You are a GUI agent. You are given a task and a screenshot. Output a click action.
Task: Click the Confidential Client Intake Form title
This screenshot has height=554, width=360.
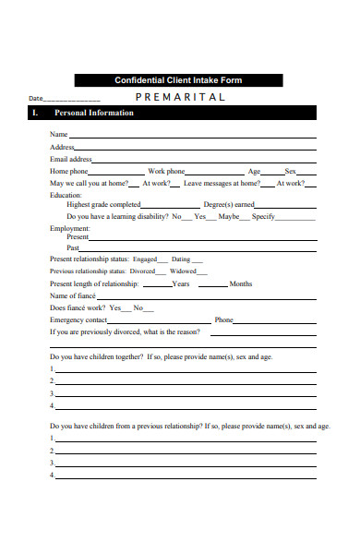pos(178,80)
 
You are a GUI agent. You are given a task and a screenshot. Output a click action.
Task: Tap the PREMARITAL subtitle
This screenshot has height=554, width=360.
pos(181,97)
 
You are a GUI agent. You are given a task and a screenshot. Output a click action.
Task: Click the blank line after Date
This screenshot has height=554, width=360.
pos(72,99)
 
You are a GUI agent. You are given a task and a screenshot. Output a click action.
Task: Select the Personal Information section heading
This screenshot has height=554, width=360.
pos(94,114)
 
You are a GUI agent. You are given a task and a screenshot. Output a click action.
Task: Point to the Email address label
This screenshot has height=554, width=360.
pos(70,159)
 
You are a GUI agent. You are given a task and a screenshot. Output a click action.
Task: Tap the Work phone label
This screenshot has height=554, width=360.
pos(166,171)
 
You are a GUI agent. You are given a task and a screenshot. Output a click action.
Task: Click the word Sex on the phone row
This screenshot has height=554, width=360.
pos(290,171)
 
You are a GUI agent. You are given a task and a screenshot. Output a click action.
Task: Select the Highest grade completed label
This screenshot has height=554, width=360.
pos(103,204)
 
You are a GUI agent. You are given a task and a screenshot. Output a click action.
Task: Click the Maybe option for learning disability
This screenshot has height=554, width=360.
pos(228,216)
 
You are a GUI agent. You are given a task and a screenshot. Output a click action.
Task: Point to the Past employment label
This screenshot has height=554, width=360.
pos(73,247)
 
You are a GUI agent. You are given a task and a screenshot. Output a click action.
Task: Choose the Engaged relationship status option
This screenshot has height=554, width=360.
pos(145,259)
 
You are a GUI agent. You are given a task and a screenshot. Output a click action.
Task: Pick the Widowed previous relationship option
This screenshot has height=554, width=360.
pos(183,271)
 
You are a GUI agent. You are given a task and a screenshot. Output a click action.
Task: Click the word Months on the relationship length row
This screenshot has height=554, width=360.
pos(240,283)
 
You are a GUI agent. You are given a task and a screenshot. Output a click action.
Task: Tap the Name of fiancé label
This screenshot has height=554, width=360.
pos(75,295)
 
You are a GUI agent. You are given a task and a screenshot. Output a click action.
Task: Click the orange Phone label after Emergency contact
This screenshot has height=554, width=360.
pos(223,319)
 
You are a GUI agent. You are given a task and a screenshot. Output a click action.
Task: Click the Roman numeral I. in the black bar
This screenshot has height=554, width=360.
pos(34,114)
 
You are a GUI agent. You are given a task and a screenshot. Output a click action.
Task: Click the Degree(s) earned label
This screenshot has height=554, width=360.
pos(229,204)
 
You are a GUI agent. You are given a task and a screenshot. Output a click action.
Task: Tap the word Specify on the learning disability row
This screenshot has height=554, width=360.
pos(263,216)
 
